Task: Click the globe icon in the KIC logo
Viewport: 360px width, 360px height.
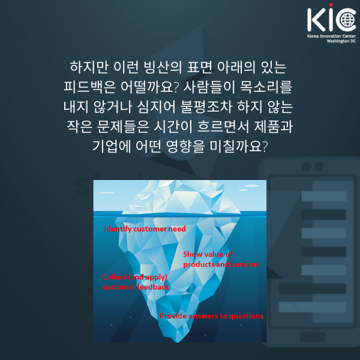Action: click(x=348, y=20)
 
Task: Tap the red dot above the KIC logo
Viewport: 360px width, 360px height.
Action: click(x=331, y=5)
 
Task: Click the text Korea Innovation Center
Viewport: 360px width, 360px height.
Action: click(x=331, y=36)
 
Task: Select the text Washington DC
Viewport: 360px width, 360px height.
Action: click(x=341, y=41)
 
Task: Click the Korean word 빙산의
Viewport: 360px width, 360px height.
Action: click(x=163, y=67)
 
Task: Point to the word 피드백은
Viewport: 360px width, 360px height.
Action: click(x=89, y=87)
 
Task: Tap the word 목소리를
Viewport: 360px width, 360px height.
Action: click(x=266, y=87)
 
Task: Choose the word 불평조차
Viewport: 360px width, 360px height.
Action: click(x=206, y=107)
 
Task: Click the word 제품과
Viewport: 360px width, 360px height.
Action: click(x=273, y=127)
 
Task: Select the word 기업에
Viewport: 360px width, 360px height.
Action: click(x=112, y=146)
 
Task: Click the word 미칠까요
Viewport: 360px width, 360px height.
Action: click(x=239, y=146)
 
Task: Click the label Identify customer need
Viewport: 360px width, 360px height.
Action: click(x=145, y=229)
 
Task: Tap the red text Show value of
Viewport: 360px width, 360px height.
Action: click(x=208, y=254)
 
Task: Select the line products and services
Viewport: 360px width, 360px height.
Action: click(x=221, y=265)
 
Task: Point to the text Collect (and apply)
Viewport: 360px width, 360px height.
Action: click(x=134, y=277)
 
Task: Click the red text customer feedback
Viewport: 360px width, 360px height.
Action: click(x=136, y=287)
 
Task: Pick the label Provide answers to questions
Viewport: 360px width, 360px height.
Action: click(x=211, y=316)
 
